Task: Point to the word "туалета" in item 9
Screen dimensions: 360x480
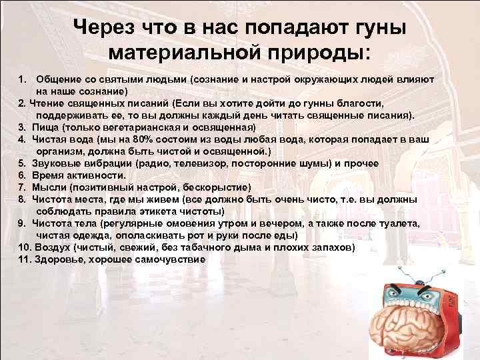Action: (393, 223)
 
